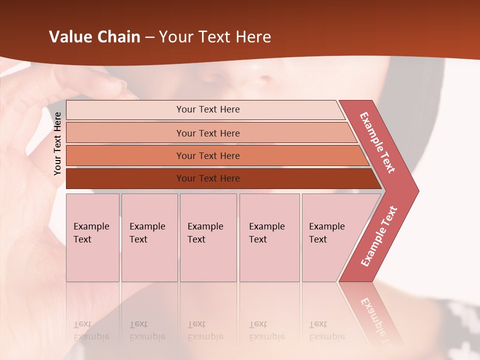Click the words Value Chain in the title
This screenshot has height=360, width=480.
click(94, 37)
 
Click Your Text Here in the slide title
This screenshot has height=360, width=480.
click(215, 37)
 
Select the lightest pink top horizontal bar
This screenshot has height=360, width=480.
click(205, 109)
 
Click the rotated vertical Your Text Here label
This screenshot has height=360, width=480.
click(57, 143)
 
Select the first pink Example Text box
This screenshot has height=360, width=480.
click(92, 237)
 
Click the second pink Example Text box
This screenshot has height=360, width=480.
click(149, 237)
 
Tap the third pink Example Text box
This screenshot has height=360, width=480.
click(208, 237)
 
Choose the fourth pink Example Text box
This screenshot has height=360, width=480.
click(269, 237)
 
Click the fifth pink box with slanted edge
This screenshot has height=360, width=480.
click(330, 237)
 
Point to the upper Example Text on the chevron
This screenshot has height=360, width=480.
click(378, 142)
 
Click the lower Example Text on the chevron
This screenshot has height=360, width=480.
click(379, 236)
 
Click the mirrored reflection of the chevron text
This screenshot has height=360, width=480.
click(376, 317)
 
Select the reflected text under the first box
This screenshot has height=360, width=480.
click(91, 330)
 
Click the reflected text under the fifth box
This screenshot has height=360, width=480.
click(326, 330)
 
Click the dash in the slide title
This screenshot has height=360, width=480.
click(149, 37)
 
